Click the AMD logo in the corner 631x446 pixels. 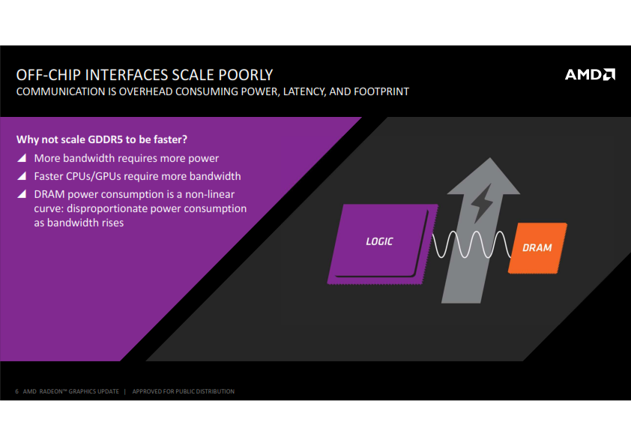(590, 74)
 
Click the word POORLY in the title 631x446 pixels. (246, 75)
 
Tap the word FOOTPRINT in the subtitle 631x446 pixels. (381, 91)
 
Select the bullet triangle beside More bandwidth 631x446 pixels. (22, 158)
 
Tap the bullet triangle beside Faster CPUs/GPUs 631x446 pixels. (22, 176)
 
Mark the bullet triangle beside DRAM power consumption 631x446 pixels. (22, 194)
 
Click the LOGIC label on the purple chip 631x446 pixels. (379, 241)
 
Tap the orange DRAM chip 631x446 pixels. (537, 248)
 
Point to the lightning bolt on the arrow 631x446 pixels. (482, 203)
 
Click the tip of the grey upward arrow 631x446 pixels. (490, 158)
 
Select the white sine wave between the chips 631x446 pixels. (471, 244)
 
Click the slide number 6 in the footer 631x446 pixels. (17, 391)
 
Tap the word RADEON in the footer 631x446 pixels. (51, 391)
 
